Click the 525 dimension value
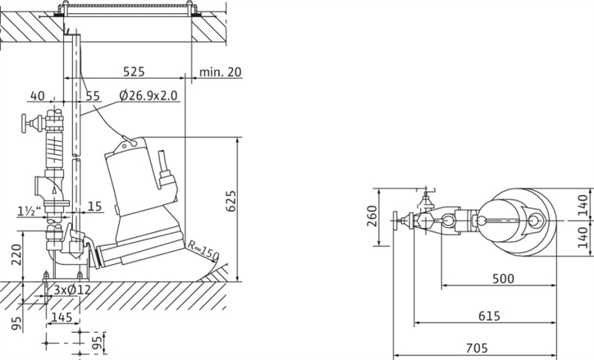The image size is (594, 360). (134, 71)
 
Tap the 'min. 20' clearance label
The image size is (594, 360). (220, 71)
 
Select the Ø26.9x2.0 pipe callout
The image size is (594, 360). (148, 95)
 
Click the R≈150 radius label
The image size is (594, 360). (203, 250)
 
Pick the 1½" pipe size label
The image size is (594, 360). (30, 212)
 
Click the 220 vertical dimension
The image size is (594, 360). (16, 254)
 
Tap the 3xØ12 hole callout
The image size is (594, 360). (72, 290)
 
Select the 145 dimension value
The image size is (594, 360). (62, 317)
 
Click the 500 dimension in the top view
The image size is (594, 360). (503, 279)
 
